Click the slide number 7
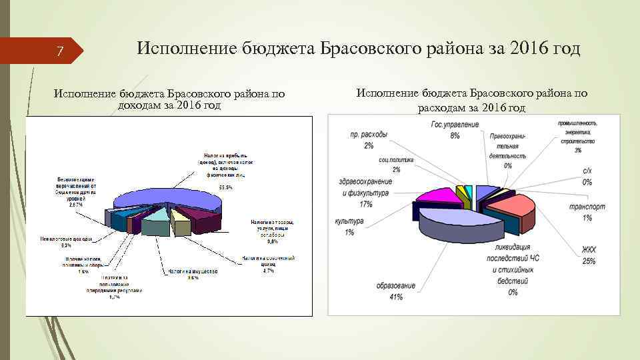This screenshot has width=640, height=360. (59, 51)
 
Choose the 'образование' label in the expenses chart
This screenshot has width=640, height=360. (395, 286)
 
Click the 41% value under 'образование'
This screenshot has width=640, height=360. (395, 297)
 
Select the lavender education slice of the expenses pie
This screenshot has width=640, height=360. (460, 223)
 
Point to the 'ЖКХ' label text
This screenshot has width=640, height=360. (589, 250)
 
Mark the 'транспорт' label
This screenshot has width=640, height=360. (587, 207)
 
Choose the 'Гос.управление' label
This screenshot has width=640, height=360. (455, 125)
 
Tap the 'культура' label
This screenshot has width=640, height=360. (349, 221)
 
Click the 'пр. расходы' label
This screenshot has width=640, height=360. (369, 134)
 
